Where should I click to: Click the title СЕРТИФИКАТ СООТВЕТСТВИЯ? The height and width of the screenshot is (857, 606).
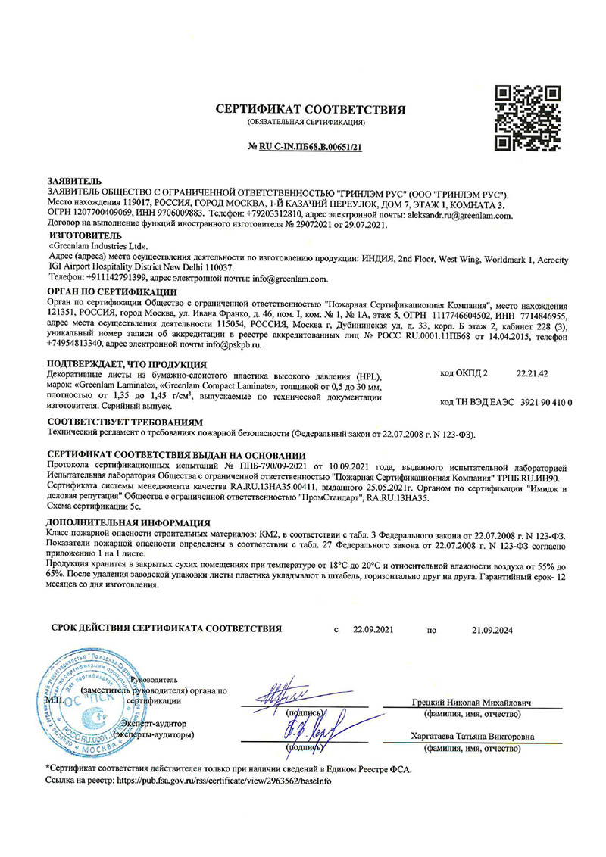(x=311, y=109)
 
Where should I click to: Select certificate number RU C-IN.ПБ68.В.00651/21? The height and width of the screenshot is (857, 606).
(x=311, y=145)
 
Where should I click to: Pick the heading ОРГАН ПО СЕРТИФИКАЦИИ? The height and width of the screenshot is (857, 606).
(x=111, y=291)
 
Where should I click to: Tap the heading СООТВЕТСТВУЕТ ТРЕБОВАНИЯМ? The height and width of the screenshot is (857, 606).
(x=125, y=421)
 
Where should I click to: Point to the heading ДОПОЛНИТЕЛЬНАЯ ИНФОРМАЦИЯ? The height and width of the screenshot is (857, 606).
(x=129, y=523)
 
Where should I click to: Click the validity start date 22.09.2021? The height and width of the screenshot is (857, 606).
(x=373, y=628)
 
